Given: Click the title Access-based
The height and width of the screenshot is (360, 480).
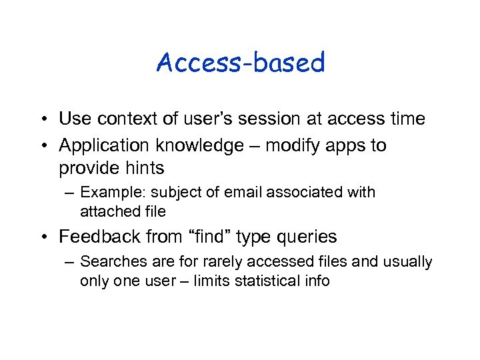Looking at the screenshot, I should pos(240,63).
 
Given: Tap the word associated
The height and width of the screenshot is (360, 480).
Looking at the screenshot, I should pos(305,193).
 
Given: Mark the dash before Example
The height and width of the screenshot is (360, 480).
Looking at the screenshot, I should pos(70,193).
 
